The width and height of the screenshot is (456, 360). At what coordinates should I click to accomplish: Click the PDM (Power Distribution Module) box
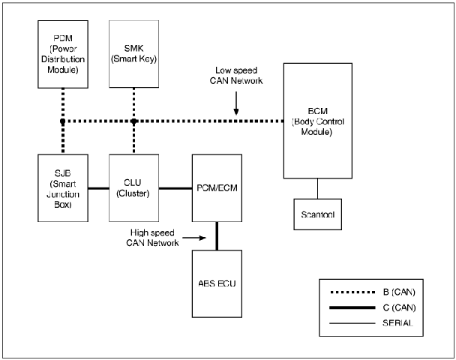63,54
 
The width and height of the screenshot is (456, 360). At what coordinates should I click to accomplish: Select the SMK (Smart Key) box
133,54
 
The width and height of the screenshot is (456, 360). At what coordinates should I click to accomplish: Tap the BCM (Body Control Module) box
318,121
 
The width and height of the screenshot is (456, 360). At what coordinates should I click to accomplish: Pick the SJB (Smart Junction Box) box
63,187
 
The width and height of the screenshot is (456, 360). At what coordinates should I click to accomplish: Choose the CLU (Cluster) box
133,187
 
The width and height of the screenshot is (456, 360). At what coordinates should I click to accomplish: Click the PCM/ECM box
217,187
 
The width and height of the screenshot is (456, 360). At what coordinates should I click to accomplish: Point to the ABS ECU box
217,283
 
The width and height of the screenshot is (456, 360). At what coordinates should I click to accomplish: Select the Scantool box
317,214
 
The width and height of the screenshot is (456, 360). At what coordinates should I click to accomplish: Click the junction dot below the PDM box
62,121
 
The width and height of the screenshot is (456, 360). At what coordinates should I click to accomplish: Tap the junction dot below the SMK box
133,121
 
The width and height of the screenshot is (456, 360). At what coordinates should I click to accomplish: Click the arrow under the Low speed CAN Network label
236,103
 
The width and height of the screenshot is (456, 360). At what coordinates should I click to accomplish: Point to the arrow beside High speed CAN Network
194,238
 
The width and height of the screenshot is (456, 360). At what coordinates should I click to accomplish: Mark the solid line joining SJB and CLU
98,188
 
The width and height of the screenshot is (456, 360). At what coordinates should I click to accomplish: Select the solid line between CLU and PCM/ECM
175,188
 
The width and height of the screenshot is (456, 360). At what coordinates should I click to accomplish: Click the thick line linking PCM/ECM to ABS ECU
217,236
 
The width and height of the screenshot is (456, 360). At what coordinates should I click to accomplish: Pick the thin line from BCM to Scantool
317,189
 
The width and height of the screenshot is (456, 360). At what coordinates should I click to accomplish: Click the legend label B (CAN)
399,292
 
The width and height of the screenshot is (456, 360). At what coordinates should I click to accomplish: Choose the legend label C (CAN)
399,307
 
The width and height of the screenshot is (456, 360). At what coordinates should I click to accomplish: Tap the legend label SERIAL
397,323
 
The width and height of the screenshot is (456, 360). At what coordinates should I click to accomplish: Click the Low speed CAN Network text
236,75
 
